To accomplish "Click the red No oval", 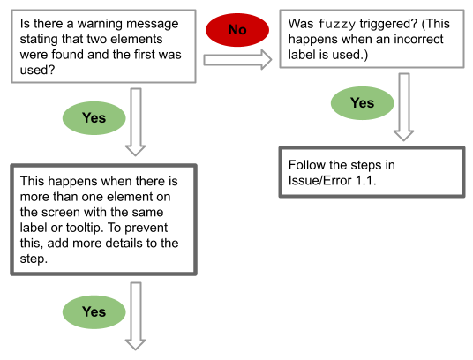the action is (x=237, y=30).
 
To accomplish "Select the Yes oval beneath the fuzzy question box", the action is (x=363, y=103).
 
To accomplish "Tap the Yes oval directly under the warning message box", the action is (x=94, y=118).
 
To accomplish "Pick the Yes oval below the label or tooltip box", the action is (x=94, y=312).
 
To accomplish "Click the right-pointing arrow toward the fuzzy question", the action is (x=237, y=60).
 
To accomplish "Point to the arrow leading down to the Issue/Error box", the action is (x=404, y=107).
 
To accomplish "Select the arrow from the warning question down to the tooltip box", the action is (x=136, y=122).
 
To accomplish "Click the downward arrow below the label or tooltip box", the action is (x=136, y=316).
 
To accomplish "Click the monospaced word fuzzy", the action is (x=336, y=24).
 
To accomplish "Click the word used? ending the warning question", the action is (x=37, y=70).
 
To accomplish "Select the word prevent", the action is (x=146, y=228).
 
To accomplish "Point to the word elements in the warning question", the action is (x=136, y=39).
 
